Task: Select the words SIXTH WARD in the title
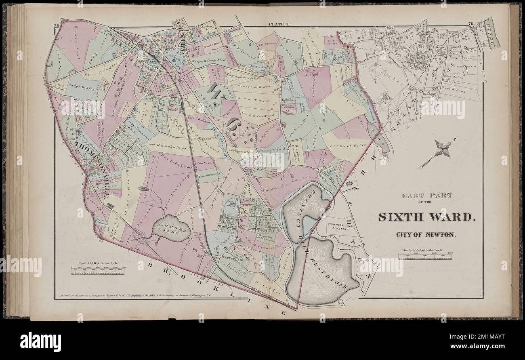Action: pyautogui.click(x=426, y=217)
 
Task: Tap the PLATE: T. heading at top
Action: pyautogui.click(x=279, y=25)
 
